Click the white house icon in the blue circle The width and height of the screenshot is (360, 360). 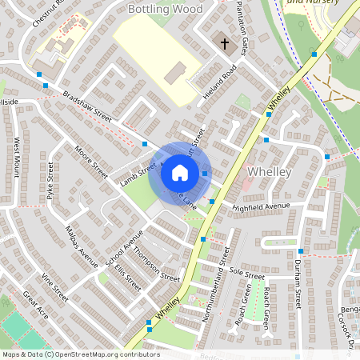click(179, 173)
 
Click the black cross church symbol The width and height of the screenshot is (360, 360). click(224, 42)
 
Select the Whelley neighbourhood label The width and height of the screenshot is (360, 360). click(270, 172)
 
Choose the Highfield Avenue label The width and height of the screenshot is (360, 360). click(260, 206)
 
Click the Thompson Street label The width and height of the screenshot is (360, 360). click(157, 265)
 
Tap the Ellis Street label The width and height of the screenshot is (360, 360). click(127, 277)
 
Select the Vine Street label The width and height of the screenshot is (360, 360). click(56, 287)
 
